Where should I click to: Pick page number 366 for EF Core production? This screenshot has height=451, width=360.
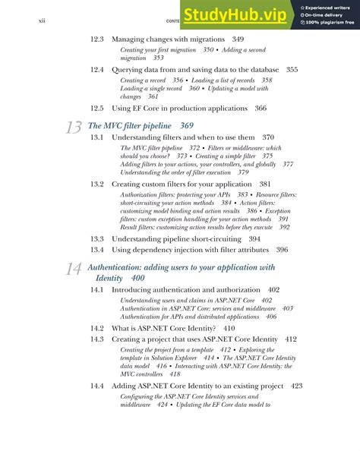tap(261, 109)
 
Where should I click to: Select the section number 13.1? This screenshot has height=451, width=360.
tap(97, 137)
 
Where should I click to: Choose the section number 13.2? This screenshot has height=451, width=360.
tap(97, 184)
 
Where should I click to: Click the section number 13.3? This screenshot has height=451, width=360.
tap(97, 238)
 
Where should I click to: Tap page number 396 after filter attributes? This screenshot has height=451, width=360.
tap(282, 250)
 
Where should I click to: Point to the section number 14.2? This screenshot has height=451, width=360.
tap(97, 328)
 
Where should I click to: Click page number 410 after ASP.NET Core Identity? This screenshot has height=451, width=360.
tap(229, 328)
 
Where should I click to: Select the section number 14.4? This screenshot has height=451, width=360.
tap(97, 386)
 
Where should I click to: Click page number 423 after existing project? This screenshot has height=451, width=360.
tap(296, 386)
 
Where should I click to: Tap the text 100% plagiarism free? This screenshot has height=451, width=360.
tap(329, 24)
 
